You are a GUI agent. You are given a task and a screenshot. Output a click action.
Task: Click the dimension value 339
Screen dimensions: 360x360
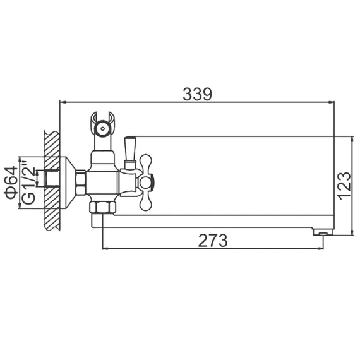click(x=197, y=94)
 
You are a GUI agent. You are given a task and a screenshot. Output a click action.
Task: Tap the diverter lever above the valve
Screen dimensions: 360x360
click(x=131, y=149)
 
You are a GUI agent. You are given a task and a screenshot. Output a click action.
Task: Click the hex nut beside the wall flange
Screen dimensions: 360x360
click(x=81, y=183)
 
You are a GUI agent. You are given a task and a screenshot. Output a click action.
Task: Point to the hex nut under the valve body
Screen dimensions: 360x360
click(x=102, y=208)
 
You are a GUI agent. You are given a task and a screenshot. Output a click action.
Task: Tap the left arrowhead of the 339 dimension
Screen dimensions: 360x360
click(x=63, y=101)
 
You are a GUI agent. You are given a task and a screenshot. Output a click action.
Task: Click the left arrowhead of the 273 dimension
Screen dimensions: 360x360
click(x=105, y=248)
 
